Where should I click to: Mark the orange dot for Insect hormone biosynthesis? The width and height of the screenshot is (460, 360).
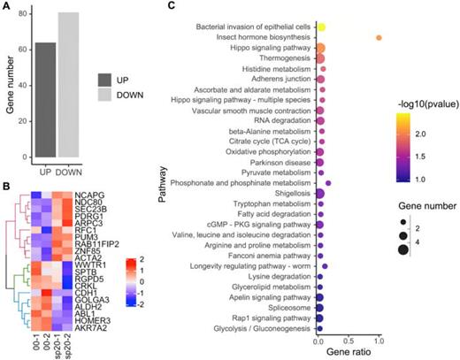click(x=379, y=37)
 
